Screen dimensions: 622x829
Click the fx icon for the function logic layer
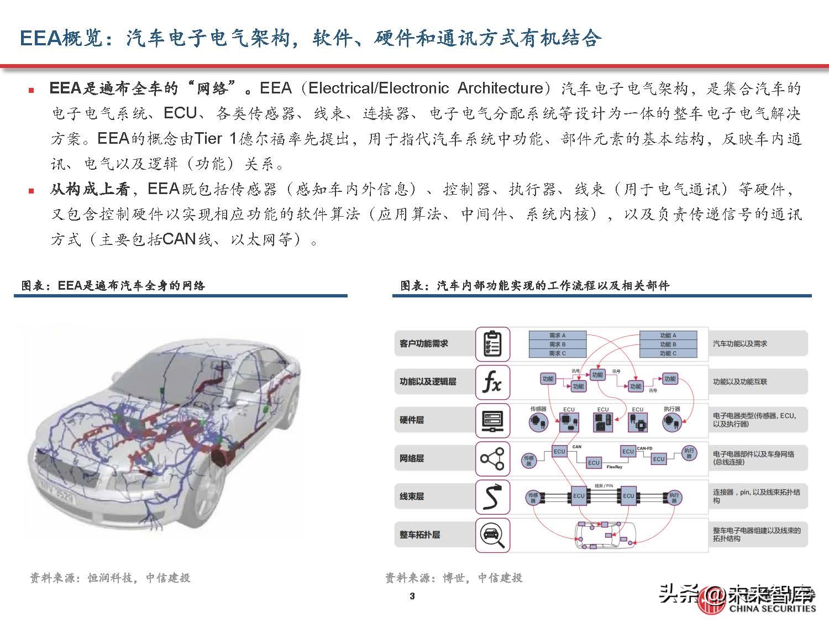492,381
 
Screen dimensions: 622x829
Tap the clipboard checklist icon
492,343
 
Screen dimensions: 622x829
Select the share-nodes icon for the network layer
492,458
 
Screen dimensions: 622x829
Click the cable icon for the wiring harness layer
492,496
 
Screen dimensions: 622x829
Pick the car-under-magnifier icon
492,535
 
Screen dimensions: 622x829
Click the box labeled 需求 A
557,336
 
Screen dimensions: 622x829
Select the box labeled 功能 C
668,353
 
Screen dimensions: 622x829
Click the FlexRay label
614,467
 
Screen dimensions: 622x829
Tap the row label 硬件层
412,420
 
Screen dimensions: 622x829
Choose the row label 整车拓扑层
420,535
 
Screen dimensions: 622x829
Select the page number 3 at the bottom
412,596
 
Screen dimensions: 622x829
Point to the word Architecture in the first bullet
501,88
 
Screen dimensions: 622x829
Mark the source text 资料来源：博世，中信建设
454,578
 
